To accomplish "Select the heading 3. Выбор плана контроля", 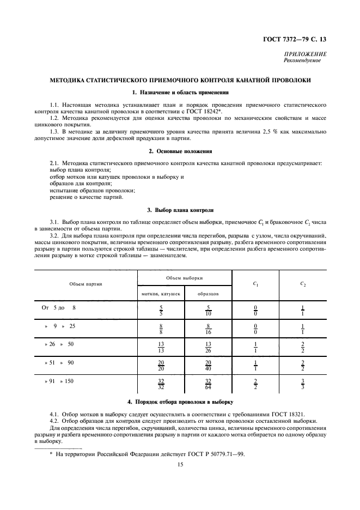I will coord(180,209).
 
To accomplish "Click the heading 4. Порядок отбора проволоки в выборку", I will coord(180,402).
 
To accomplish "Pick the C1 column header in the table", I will coord(255,284).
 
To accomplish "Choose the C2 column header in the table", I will coord(303,284).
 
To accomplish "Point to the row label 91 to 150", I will coord(59,381).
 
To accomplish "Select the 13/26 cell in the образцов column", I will coord(208,347).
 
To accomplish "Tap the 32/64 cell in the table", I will coord(208,384).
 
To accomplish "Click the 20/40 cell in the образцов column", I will coord(208,365).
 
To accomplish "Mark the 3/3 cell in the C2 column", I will coord(303,384).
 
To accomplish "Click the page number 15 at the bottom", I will coord(180,464).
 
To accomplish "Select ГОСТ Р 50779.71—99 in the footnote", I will coord(215,453).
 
